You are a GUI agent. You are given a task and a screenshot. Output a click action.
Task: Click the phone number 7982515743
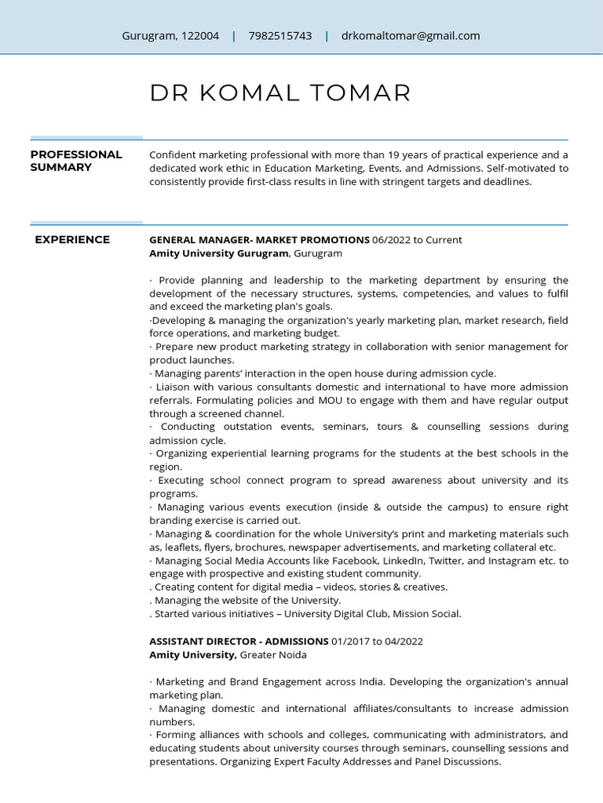point(280,36)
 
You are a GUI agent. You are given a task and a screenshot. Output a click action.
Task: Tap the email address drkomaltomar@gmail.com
point(411,36)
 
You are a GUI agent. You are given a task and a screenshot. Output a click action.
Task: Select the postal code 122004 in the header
point(200,36)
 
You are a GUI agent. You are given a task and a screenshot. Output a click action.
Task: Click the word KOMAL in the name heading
point(250,93)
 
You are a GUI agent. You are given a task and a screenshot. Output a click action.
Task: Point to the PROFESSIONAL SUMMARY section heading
point(76,161)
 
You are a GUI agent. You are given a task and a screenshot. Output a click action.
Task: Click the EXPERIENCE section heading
point(72,240)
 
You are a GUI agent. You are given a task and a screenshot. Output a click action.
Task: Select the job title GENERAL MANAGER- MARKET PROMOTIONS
point(259,240)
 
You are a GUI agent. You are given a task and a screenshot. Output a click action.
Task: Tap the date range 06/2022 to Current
point(417,240)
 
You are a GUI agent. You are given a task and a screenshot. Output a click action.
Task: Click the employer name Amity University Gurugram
point(220,253)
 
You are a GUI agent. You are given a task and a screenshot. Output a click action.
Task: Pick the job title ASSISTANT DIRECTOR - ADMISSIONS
point(239,641)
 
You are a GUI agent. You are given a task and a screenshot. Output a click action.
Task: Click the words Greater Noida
point(273,655)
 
